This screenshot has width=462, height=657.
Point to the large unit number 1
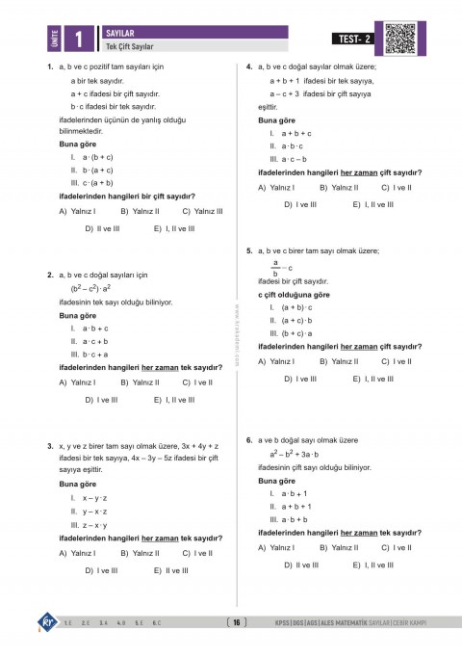pos(78,39)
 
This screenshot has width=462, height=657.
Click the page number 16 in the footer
pos(236,622)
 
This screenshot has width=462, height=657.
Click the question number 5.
pos(249,250)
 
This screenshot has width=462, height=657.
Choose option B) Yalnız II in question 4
pos(338,187)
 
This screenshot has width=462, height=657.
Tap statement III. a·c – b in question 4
pos(289,158)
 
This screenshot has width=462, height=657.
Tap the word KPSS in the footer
pos(285,622)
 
